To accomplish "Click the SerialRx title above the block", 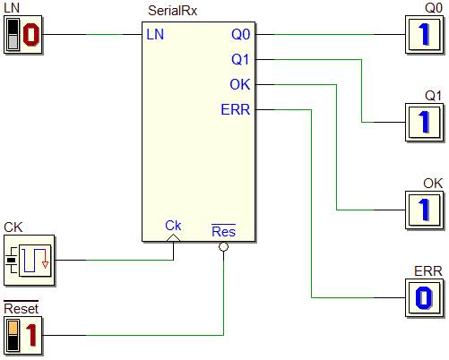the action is (172, 11).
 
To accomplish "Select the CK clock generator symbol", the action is (30, 261).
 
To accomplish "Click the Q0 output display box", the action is (424, 35).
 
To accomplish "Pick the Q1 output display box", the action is (424, 123).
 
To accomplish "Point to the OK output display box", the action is (424, 210).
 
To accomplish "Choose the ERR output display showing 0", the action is (424, 298).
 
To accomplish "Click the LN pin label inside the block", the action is (155, 34).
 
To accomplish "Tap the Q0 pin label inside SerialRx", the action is (241, 34).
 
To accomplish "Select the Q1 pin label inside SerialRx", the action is (240, 59).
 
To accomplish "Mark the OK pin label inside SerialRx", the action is (240, 84).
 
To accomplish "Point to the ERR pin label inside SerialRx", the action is (236, 109).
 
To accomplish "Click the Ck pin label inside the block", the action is (173, 226).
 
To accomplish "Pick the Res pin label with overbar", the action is (223, 231).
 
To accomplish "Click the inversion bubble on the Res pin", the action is (223, 247).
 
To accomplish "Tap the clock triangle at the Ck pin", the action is (173, 238).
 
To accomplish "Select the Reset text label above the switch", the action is (21, 308).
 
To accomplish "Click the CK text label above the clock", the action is (13, 227).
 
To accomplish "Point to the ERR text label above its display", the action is (427, 271).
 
